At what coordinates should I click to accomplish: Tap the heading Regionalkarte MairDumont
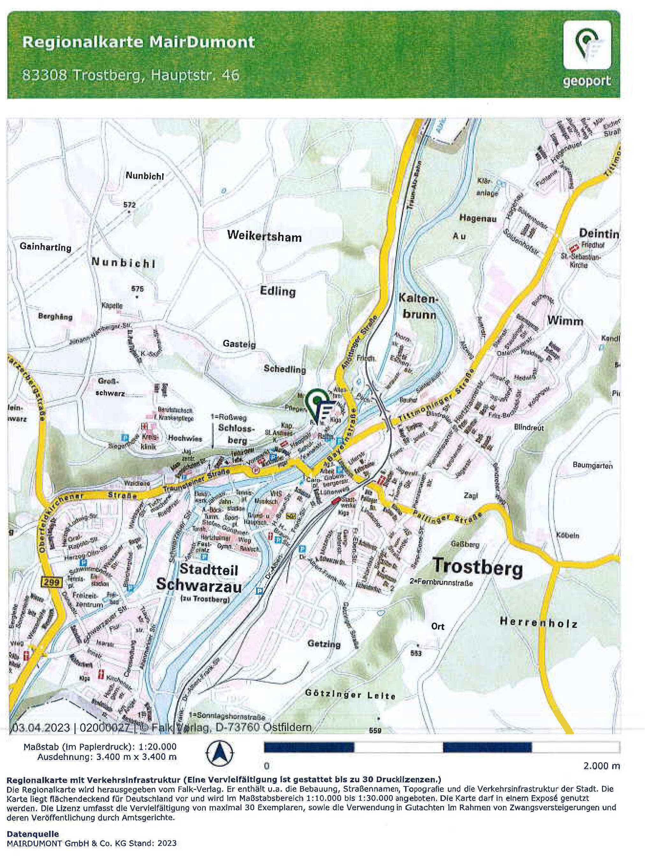(139, 42)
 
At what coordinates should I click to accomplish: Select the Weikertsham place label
(264, 236)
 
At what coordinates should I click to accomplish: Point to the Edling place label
(278, 291)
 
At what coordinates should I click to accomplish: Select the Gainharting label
(45, 247)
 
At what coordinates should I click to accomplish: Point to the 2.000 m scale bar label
(601, 765)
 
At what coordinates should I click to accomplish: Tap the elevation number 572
(129, 204)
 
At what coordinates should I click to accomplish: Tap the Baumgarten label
(593, 465)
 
